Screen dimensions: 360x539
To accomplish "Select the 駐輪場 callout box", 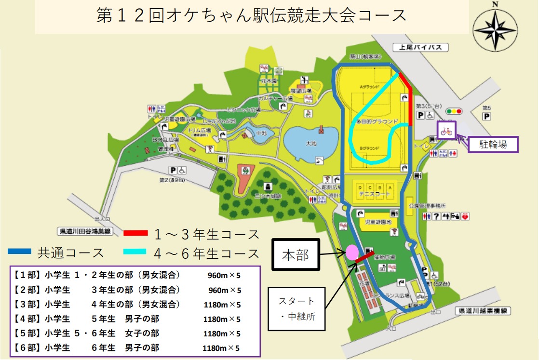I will coord(493,145).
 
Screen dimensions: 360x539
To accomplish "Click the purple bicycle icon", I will coord(446,131).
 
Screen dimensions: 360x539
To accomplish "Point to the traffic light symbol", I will coord(454,111).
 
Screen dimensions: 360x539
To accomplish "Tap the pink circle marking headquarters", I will coord(351,252).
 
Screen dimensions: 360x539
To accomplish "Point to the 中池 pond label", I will coord(261,133).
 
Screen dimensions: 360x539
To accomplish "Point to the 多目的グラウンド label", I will coord(377,121).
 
